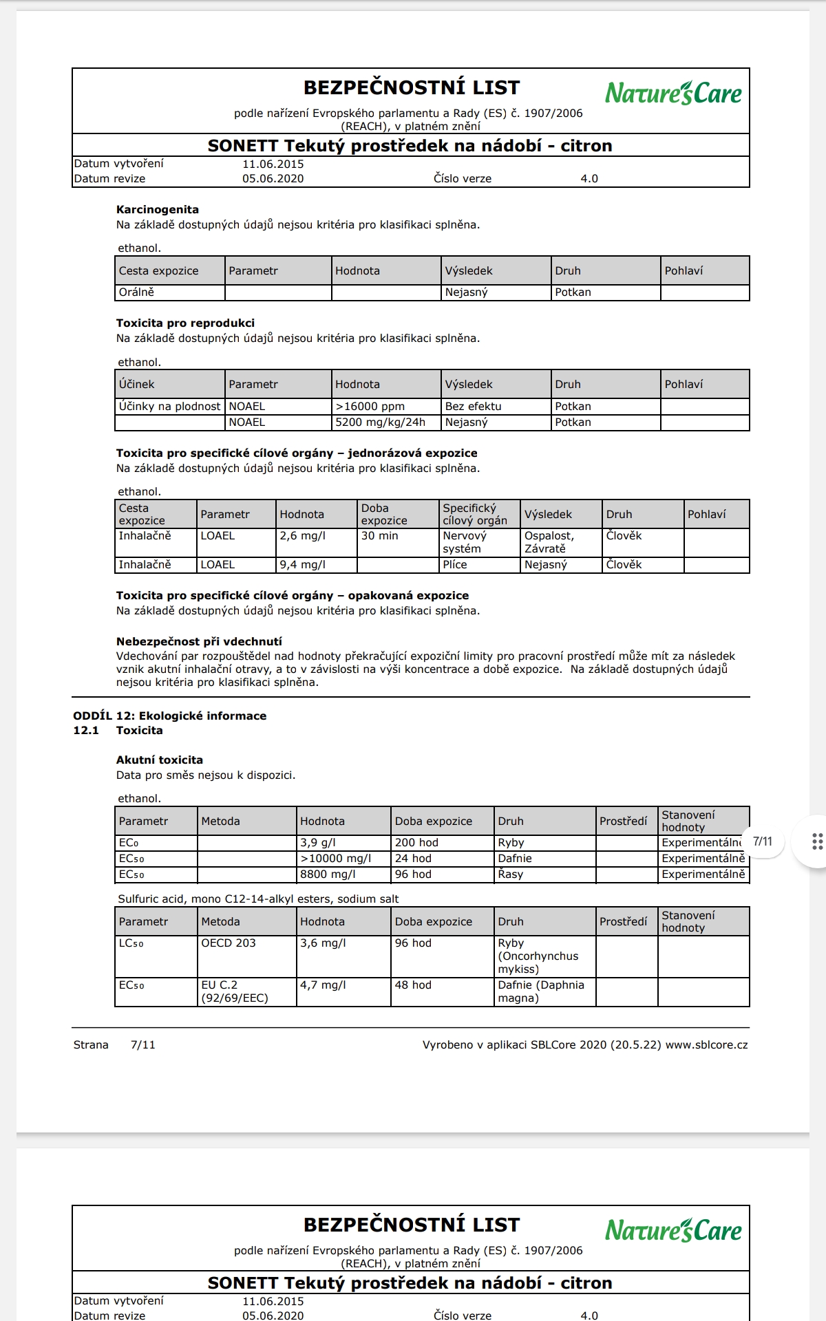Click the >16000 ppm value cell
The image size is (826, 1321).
tap(370, 407)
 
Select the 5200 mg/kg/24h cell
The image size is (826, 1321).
tap(381, 422)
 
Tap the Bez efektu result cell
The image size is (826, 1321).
tap(474, 407)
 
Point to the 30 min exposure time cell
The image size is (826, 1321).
tap(379, 536)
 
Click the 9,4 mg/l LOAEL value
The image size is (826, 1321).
tap(302, 565)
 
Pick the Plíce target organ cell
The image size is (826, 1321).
tap(455, 565)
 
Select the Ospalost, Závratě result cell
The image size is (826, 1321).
tap(549, 542)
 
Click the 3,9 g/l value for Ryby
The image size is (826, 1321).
tap(318, 843)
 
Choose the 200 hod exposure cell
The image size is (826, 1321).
tap(416, 843)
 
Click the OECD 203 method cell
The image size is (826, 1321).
tap(229, 943)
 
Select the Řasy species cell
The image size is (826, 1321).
tap(511, 874)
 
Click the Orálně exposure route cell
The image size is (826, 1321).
tap(136, 292)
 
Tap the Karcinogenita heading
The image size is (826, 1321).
tap(158, 210)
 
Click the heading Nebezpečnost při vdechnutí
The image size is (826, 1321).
tap(199, 642)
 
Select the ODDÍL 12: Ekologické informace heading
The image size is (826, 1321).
tap(170, 716)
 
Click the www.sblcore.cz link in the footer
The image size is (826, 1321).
tap(706, 1045)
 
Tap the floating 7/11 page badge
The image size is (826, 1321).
tap(763, 841)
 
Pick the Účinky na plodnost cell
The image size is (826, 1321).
tap(169, 407)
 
